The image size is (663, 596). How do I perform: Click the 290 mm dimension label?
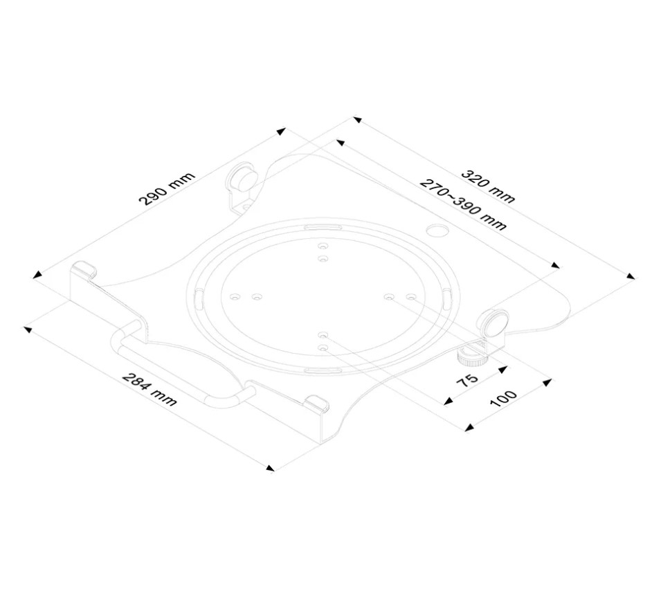[x=167, y=189]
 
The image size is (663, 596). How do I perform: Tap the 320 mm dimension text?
[x=489, y=186]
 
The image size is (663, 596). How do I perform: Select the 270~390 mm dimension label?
[x=463, y=204]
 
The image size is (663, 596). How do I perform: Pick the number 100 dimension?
[x=503, y=398]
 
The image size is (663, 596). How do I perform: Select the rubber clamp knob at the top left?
[x=242, y=177]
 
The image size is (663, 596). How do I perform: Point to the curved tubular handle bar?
[x=178, y=372]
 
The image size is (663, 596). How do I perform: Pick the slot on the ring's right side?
[x=447, y=298]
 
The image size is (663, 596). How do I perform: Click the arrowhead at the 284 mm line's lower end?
[x=270, y=468]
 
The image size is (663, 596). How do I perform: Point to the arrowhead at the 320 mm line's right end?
[x=630, y=276]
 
